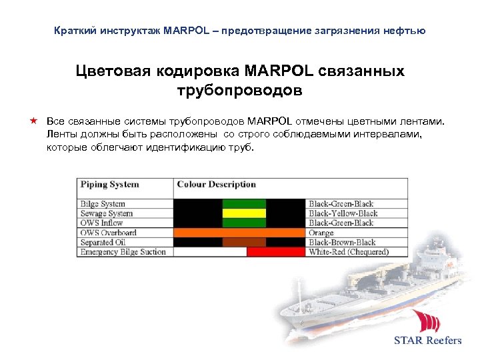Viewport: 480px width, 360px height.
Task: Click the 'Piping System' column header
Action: click(110, 185)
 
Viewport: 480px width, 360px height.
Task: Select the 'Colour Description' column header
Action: click(216, 185)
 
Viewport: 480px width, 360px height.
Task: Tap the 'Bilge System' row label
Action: click(103, 204)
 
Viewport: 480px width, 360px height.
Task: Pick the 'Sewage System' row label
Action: click(107, 213)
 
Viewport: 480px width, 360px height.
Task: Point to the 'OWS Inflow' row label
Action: click(102, 223)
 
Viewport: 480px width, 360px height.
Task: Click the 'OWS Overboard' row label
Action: click(108, 233)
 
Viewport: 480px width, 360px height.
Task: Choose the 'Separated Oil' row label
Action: click(103, 243)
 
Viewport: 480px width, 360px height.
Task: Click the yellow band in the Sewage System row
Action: click(243, 213)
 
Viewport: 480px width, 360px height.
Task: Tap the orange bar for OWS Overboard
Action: click(240, 233)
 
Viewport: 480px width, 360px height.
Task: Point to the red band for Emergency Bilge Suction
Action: click(275, 252)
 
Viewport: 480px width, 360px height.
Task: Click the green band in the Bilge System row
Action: click(243, 204)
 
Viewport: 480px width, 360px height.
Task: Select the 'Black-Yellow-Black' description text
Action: click(343, 213)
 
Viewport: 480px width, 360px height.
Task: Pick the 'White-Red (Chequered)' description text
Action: click(349, 252)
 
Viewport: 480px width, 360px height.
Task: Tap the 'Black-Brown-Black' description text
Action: click(342, 243)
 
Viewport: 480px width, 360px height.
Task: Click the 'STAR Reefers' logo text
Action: click(427, 340)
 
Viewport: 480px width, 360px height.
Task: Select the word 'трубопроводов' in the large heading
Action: click(240, 89)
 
